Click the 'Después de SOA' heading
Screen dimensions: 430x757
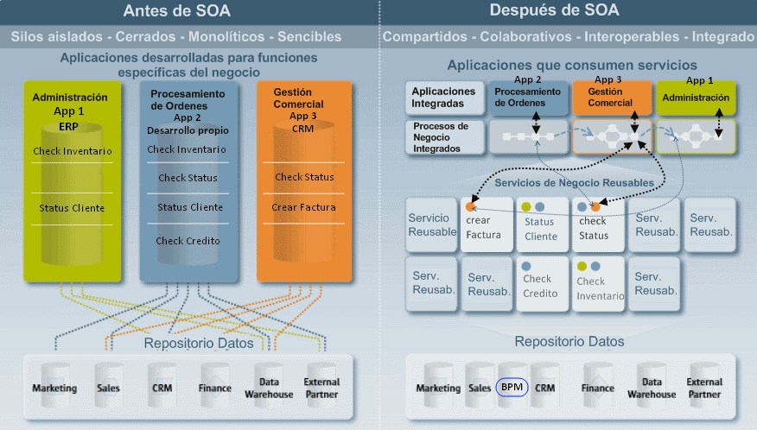[x=567, y=11]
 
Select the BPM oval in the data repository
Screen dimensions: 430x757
[x=512, y=388]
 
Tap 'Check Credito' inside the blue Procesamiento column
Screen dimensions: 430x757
[x=188, y=241]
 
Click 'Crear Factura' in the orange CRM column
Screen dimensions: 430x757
[x=304, y=207]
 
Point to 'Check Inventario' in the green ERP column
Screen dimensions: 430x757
[x=73, y=151]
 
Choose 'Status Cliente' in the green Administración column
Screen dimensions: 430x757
[x=72, y=208]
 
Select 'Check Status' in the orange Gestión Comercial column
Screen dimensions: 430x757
[x=304, y=178]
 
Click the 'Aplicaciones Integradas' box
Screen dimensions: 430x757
[x=443, y=98]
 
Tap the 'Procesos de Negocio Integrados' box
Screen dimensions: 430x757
[x=443, y=136]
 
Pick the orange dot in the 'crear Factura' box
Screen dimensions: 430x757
[x=470, y=207]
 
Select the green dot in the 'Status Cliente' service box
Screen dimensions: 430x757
[x=525, y=207]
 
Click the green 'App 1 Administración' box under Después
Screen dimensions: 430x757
[x=696, y=98]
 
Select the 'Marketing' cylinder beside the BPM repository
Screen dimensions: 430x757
[x=438, y=388]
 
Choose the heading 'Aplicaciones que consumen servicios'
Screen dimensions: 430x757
[x=571, y=66]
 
